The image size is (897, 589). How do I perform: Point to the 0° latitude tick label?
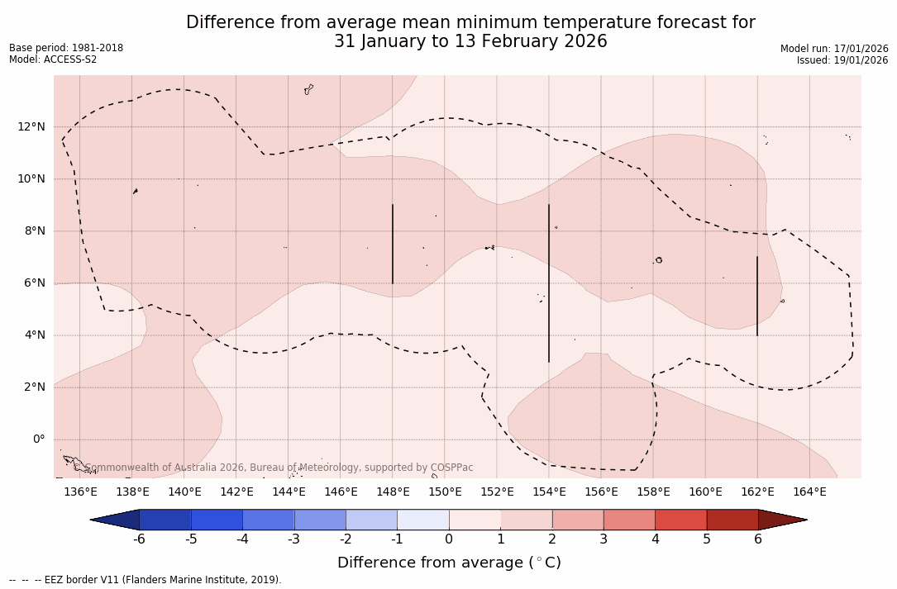(39, 439)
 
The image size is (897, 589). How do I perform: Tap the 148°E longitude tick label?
(393, 492)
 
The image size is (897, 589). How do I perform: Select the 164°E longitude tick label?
(809, 492)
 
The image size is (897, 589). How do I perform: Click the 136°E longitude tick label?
(80, 492)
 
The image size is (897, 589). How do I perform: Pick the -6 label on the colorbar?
(140, 539)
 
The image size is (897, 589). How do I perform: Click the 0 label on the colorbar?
(449, 539)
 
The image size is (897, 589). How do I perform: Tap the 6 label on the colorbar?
(758, 539)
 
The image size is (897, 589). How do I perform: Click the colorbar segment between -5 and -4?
(217, 520)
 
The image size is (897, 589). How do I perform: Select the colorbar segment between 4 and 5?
(680, 520)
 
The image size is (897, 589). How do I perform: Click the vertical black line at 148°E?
(393, 244)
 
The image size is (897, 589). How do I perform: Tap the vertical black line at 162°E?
(757, 296)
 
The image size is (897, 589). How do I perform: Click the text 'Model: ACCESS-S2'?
(53, 59)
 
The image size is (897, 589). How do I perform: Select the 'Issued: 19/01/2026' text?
(842, 60)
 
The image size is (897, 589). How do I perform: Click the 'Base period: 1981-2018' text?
(66, 48)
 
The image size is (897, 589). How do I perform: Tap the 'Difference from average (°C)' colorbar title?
(449, 563)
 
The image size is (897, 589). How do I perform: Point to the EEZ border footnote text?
(146, 580)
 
